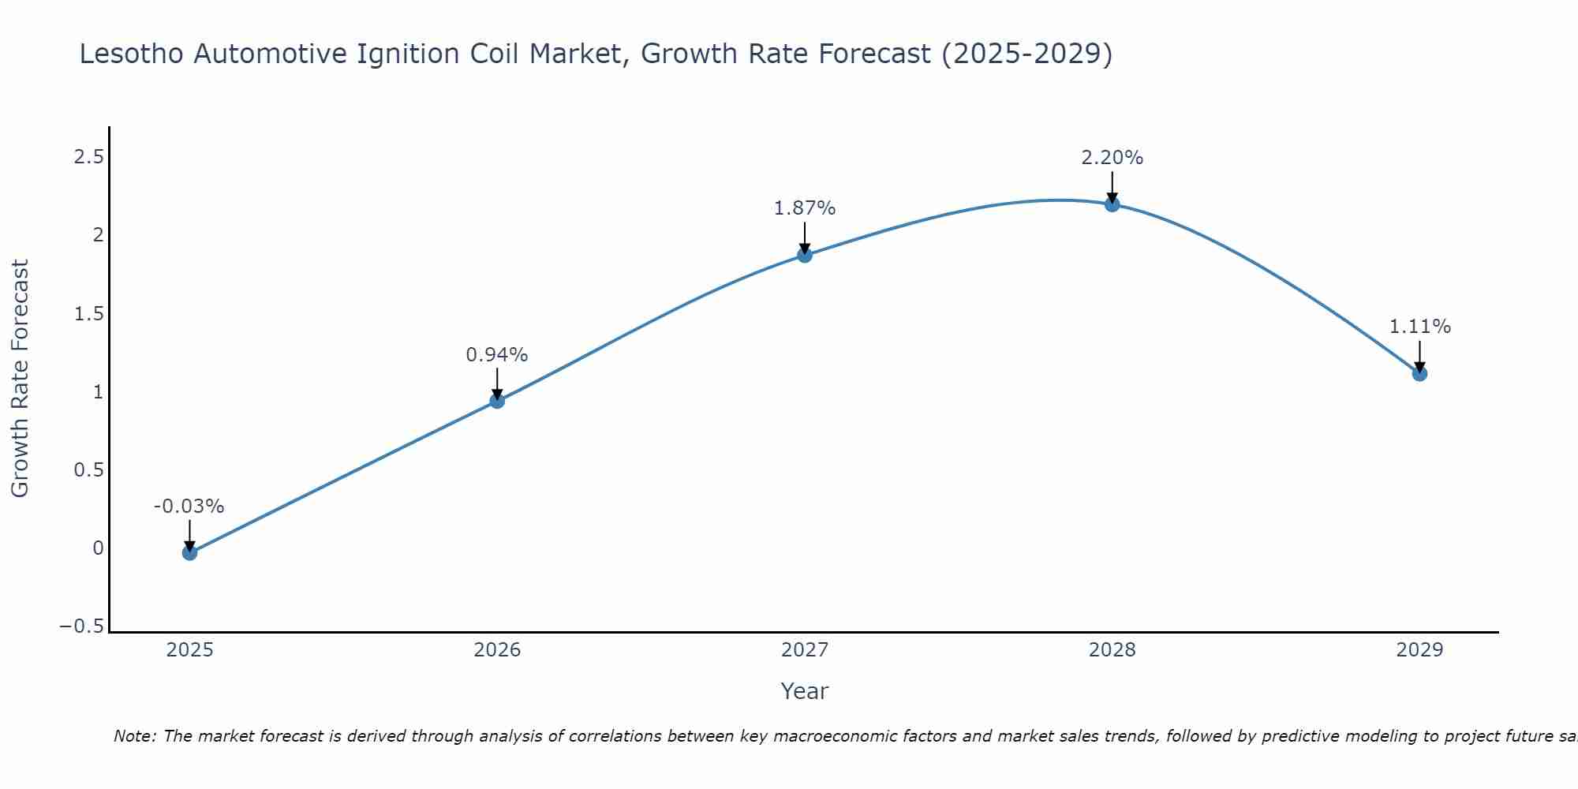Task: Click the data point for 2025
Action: coord(189,552)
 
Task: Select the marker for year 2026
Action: coord(497,401)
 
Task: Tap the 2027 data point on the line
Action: coord(805,255)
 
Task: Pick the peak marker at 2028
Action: coord(1112,204)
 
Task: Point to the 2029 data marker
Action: coord(1419,373)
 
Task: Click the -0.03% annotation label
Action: coord(189,507)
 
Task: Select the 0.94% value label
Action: coord(497,355)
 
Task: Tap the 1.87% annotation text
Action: coord(805,208)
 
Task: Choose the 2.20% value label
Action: coord(1112,158)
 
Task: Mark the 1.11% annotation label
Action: coord(1419,327)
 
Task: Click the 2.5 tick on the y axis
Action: coord(89,157)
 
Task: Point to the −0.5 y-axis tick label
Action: coord(81,626)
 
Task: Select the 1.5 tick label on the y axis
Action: coord(89,314)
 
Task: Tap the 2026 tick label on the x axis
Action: coord(497,650)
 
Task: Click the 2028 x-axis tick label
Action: coord(1112,650)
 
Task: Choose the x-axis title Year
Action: coord(804,691)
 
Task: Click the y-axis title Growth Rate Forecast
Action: coord(20,379)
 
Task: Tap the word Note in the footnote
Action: coord(135,736)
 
